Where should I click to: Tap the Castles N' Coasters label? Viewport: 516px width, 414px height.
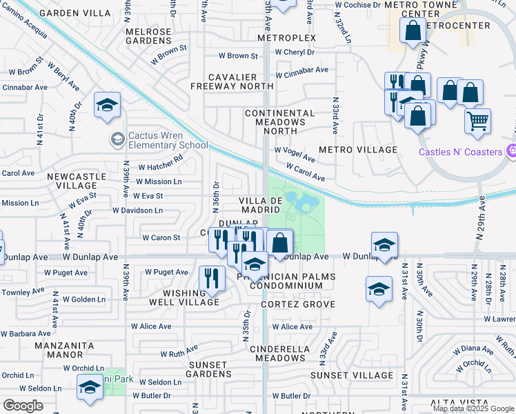(459, 151)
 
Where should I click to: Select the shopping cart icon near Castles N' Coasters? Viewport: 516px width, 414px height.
(477, 121)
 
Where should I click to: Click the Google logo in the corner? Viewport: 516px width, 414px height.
(23, 406)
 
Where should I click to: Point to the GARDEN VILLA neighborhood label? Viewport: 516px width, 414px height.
(86, 13)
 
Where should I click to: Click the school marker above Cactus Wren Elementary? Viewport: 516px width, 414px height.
(107, 106)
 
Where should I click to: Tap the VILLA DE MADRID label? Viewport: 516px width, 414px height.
(261, 205)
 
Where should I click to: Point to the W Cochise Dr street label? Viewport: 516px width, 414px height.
(358, 5)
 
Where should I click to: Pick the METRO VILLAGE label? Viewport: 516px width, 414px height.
(357, 150)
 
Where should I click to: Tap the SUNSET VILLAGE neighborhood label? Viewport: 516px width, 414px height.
(351, 375)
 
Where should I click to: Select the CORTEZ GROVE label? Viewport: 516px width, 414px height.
(298, 304)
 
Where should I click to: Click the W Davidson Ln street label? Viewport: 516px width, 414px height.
(137, 210)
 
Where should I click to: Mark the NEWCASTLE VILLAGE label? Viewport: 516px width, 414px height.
(77, 181)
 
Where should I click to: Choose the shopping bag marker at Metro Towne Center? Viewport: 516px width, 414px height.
(413, 32)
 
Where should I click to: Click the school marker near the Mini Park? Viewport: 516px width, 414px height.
(90, 388)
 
